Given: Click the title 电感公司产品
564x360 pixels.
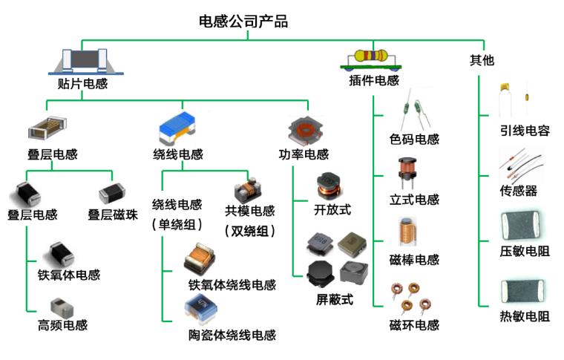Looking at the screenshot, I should [243, 22].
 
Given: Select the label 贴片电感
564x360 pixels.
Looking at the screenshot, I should [82, 84].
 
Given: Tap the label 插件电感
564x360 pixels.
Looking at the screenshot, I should [374, 80].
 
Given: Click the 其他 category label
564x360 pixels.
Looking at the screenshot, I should [482, 60].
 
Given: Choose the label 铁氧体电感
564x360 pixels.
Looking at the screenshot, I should [69, 275].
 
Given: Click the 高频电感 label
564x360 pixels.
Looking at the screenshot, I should [62, 325].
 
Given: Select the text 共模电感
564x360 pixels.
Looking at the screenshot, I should [250, 211].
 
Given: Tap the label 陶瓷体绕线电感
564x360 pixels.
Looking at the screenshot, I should [232, 335].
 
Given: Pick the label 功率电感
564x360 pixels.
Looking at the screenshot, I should [304, 155].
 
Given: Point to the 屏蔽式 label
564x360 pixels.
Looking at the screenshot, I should [335, 300].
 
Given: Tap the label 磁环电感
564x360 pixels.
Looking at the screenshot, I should [414, 325].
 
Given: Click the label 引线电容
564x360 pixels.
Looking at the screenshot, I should [525, 131].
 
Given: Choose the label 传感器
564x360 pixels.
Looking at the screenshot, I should [519, 191].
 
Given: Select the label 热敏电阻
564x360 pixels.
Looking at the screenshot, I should [525, 316].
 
